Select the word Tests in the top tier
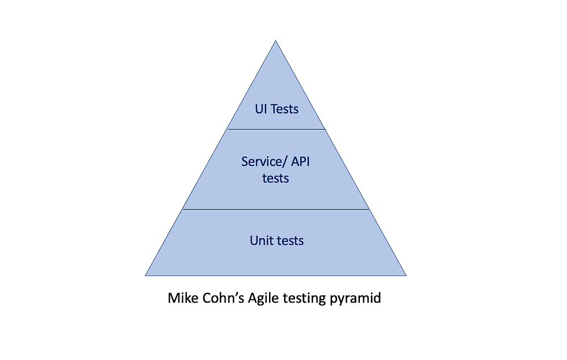tap(285, 108)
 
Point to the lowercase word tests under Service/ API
tap(275, 178)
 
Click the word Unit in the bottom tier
tap(261, 240)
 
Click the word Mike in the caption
tap(182, 299)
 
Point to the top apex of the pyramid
tap(275, 41)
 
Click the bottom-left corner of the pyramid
tap(145, 275)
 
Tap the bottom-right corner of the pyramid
tap(406, 275)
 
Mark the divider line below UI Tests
tap(276, 129)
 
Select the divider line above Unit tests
tap(275, 209)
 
